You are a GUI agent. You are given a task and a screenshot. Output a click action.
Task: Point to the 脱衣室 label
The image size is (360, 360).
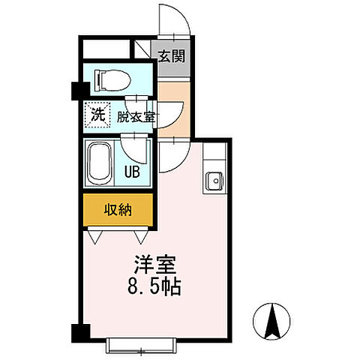click(136, 117)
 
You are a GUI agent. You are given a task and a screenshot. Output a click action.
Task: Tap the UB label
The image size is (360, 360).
click(132, 171)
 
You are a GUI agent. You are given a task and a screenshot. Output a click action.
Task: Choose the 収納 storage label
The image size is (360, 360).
click(118, 210)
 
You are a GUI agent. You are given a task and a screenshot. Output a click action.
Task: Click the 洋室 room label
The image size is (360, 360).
click(155, 265)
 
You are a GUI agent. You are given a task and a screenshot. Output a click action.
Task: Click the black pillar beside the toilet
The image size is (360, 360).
click(76, 90)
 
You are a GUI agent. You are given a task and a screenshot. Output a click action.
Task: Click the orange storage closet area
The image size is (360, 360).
click(118, 210)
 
